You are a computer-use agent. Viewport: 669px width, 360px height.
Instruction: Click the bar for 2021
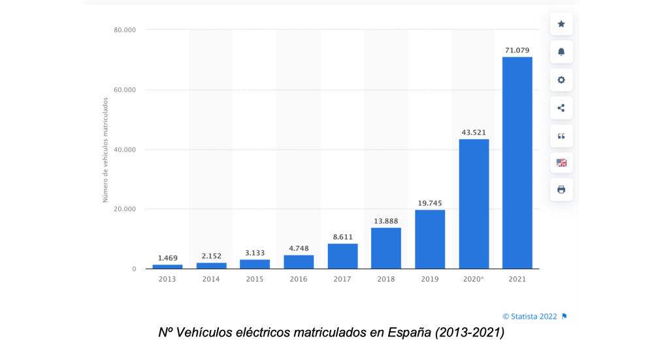point(517,163)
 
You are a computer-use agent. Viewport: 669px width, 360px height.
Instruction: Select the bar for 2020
point(474,204)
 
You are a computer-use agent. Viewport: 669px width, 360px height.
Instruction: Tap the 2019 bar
point(430,239)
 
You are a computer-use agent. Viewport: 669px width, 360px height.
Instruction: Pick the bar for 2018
point(386,248)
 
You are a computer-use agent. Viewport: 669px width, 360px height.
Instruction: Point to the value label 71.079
point(517,50)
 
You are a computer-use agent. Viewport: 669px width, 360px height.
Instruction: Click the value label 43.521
point(474,132)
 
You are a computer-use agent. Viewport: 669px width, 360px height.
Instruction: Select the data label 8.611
point(342,237)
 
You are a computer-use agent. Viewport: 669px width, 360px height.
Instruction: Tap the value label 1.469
point(167,258)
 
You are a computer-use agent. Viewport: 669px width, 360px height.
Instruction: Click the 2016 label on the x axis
point(299,279)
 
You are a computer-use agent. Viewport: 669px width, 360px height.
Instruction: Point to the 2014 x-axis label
point(211,279)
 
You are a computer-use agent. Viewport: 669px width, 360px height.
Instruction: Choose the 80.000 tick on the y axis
point(124,30)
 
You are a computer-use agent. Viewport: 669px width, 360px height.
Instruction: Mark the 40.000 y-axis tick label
point(124,150)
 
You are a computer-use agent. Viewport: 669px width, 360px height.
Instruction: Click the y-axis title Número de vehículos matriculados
point(105,150)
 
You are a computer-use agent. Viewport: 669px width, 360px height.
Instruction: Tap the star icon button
point(561,24)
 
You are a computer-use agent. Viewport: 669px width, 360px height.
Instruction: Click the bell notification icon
point(561,52)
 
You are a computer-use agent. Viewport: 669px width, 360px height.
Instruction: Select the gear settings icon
point(561,80)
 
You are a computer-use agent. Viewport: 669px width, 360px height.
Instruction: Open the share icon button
point(561,108)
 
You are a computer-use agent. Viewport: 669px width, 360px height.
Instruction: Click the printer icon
point(561,189)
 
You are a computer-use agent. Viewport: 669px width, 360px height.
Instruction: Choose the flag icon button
point(561,163)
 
